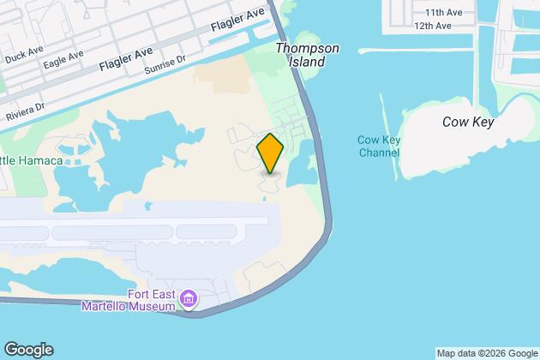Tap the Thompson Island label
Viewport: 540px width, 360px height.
(302, 56)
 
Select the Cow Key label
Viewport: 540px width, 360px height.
(468, 122)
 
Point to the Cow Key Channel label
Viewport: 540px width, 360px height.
(378, 147)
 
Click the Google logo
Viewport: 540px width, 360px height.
(28, 349)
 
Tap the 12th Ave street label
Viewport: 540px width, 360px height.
(432, 26)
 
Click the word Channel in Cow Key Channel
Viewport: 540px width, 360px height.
(378, 153)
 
